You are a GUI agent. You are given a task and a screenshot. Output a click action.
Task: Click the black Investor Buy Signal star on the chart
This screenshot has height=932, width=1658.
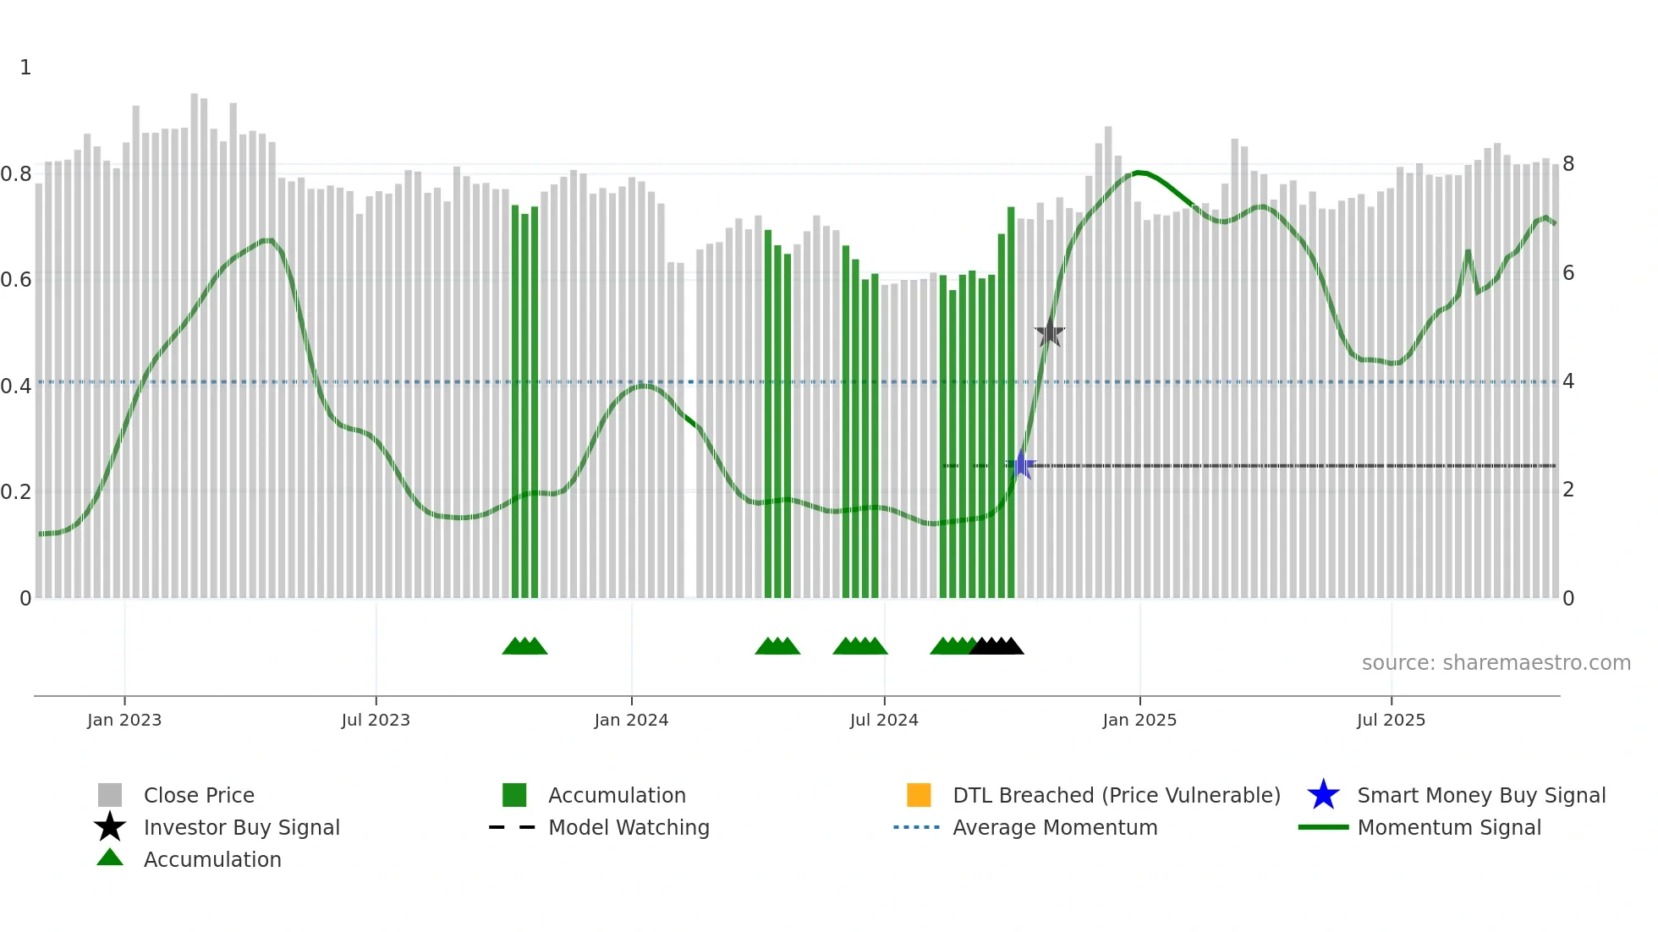coord(1049,332)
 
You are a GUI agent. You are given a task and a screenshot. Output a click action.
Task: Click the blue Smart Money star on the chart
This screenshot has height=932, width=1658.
coord(1021,465)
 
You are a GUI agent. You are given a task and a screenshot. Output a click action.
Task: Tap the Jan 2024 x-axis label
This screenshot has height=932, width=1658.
coord(631,720)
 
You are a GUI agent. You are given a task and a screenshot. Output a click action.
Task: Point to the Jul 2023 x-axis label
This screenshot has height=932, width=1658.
coord(376,720)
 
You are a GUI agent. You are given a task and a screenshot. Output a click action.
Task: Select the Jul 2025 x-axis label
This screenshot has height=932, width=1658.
coord(1391,720)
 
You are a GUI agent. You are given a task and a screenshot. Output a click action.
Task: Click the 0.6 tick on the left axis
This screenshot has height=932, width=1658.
coord(16,279)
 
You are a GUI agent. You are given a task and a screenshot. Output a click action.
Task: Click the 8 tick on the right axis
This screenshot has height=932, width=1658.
coord(1568,164)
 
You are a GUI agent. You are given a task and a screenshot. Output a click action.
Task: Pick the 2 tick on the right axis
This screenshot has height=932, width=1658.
coord(1568,490)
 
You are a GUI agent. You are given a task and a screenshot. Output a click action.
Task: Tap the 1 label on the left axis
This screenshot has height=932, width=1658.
coord(25,68)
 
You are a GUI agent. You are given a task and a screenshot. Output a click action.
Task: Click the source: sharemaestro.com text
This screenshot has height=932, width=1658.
coord(1496,663)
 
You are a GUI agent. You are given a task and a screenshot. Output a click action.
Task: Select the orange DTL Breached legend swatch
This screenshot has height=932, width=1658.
coord(919,795)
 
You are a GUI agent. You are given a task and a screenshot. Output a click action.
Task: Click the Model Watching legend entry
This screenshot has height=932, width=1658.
coord(628,827)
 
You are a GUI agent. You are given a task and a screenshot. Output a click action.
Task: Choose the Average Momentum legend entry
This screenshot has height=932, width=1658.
coord(1054,827)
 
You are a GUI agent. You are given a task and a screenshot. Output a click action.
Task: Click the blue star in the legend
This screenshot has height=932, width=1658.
coord(1323,795)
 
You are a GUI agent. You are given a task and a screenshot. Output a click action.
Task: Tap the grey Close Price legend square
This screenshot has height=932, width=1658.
coord(110,795)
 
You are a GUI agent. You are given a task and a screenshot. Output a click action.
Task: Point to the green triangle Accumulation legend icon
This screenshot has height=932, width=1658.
coord(110,858)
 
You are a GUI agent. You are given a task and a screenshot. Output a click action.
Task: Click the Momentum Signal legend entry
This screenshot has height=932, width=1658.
coord(1448,827)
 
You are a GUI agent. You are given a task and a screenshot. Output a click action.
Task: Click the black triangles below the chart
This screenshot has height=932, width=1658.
coord(996,646)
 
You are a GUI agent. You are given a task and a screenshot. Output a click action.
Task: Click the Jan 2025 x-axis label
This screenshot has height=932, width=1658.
coord(1139,720)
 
